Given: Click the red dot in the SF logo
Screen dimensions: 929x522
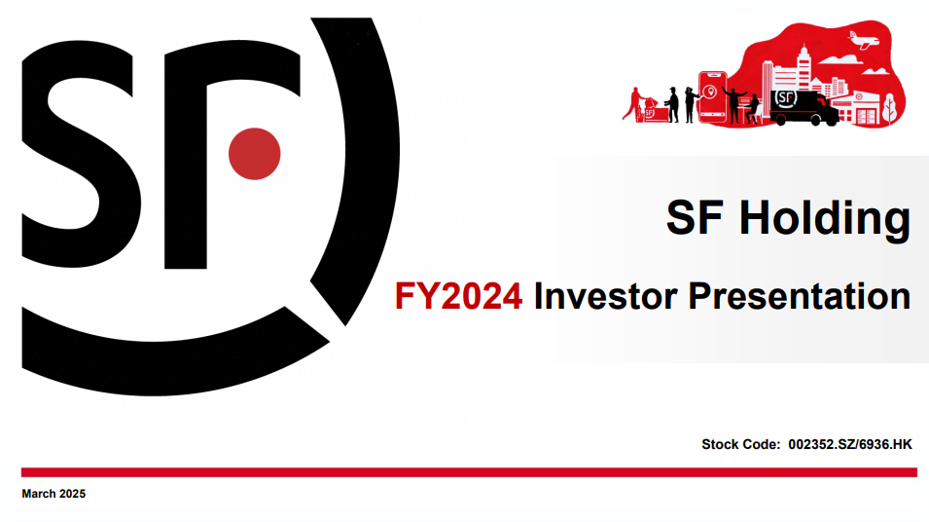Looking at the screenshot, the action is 254,154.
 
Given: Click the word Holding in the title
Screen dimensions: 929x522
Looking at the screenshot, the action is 824,219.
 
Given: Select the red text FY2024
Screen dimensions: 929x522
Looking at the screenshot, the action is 458,296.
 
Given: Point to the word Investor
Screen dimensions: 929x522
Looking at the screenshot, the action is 605,296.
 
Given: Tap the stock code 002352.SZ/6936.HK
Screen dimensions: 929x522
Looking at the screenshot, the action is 849,444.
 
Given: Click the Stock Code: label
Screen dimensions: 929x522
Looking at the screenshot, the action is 740,444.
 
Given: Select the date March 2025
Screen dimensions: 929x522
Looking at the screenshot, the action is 54,494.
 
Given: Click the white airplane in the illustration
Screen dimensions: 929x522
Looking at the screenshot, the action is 865,41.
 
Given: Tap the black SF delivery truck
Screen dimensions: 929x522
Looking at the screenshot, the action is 804,107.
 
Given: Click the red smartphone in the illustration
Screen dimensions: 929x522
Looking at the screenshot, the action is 713,97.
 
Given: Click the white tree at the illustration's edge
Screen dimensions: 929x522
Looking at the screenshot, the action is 889,110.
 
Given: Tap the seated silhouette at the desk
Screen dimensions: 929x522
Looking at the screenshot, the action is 753,109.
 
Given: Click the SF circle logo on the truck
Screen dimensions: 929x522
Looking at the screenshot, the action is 786,97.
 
